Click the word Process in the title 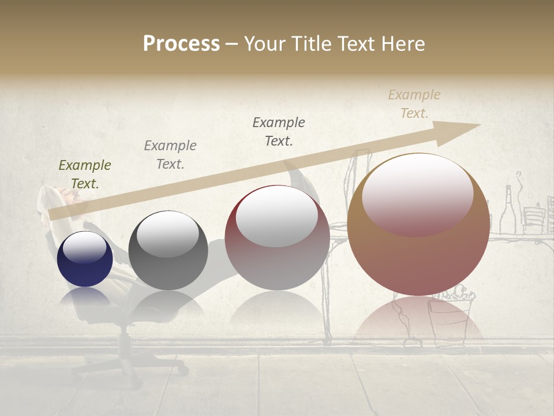coord(181,44)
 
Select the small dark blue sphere coord(85,259)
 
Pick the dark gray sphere coord(168,251)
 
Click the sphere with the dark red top coord(277,237)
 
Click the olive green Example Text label coord(85,174)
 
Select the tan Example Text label coord(414,104)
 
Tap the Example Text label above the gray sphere coord(170,155)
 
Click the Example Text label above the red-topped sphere coord(279,131)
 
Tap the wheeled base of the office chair coord(124,361)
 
